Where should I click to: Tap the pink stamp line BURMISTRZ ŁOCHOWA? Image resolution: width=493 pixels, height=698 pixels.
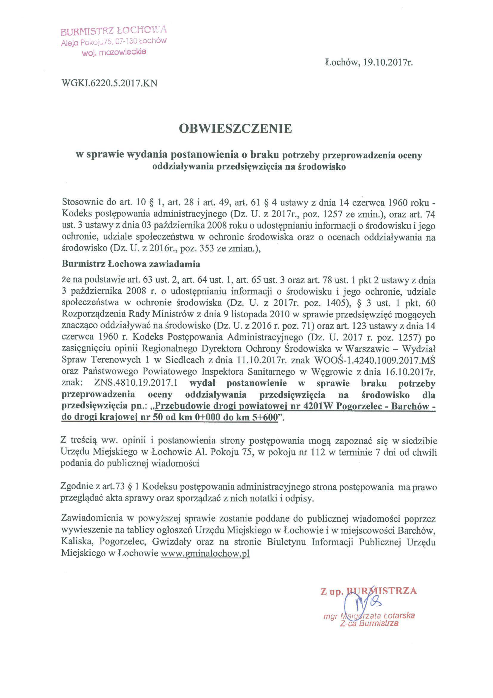tap(114, 31)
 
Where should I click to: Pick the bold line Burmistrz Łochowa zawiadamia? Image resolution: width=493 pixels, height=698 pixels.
tap(131, 264)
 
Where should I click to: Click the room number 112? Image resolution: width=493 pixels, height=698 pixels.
tap(318, 452)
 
